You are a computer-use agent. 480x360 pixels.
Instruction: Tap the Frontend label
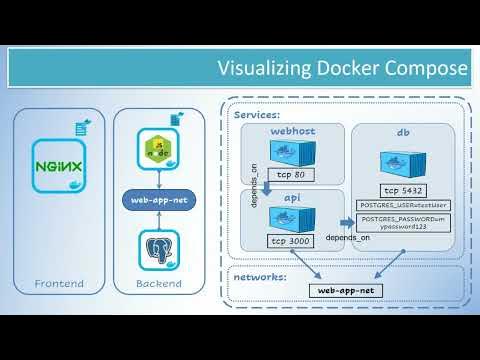coord(58,284)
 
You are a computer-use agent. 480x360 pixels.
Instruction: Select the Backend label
coord(159,284)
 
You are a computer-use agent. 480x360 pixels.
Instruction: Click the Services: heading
coord(257,115)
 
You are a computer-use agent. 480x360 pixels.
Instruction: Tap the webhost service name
coord(294,131)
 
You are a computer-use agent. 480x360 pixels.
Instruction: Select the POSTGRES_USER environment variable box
coord(405,205)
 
